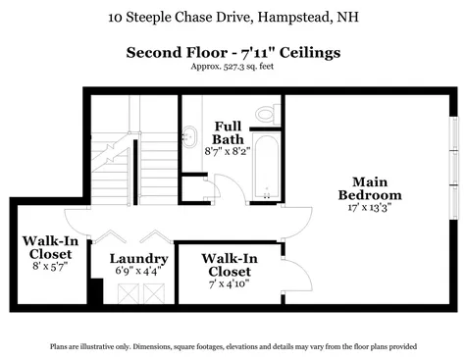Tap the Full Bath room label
point(230,133)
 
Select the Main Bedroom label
point(376,188)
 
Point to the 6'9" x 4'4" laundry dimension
point(130,271)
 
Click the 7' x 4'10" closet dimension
point(229,284)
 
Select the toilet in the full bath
point(266,114)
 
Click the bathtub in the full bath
point(266,166)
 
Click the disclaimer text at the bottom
point(233,346)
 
